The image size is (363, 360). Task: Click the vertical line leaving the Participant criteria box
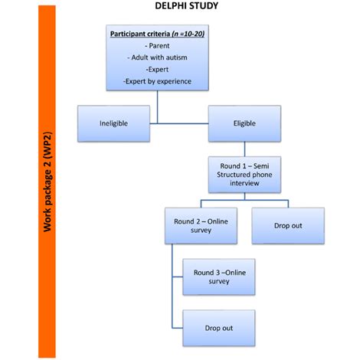click(159, 108)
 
